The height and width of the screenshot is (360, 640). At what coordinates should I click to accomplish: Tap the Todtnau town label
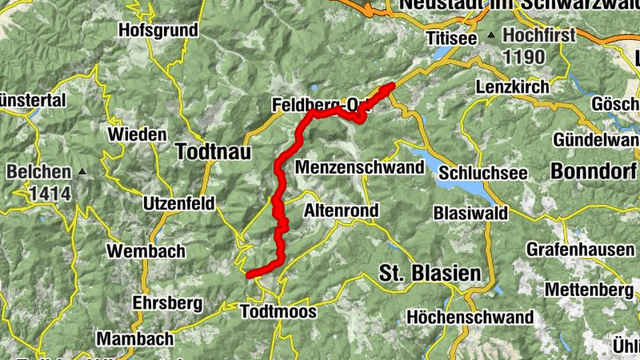[x=213, y=152]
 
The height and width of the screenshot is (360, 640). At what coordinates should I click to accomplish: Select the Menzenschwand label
[x=359, y=168]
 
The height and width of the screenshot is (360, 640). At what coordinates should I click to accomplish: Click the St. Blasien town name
[x=430, y=274]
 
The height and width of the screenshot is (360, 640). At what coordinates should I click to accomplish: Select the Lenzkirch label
[x=512, y=86]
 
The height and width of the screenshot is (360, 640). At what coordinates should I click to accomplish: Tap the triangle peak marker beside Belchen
[x=82, y=172]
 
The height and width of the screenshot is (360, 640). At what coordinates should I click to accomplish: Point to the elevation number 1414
[x=50, y=193]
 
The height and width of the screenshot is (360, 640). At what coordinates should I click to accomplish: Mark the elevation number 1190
[x=524, y=58]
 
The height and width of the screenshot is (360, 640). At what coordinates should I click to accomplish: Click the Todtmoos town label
[x=278, y=312]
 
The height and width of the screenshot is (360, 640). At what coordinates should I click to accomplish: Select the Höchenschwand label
[x=470, y=318]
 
